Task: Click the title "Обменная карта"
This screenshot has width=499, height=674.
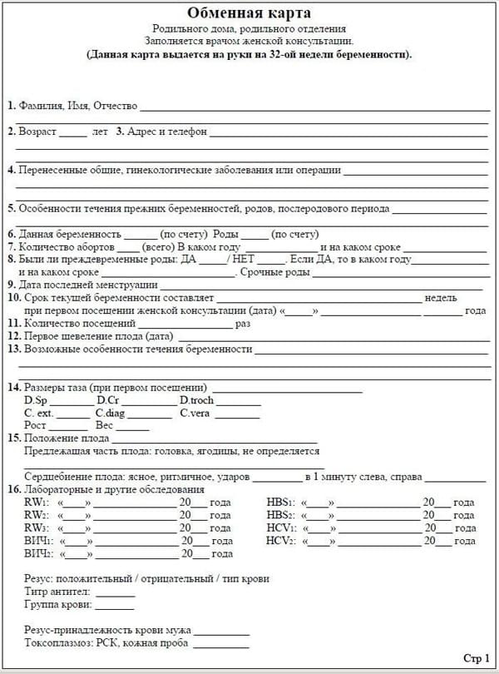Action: point(249,12)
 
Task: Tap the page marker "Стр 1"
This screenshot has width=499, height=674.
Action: point(476,657)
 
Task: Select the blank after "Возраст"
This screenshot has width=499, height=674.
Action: point(73,131)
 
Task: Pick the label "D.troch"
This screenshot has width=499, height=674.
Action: point(198,400)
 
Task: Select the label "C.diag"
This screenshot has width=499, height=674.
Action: point(111,413)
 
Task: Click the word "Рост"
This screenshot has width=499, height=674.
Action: point(36,425)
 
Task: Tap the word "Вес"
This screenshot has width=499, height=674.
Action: point(105,425)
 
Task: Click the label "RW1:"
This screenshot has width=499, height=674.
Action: point(37,503)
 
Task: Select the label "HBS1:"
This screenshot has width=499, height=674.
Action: point(280,503)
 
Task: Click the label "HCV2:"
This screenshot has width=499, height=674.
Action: point(281,540)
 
